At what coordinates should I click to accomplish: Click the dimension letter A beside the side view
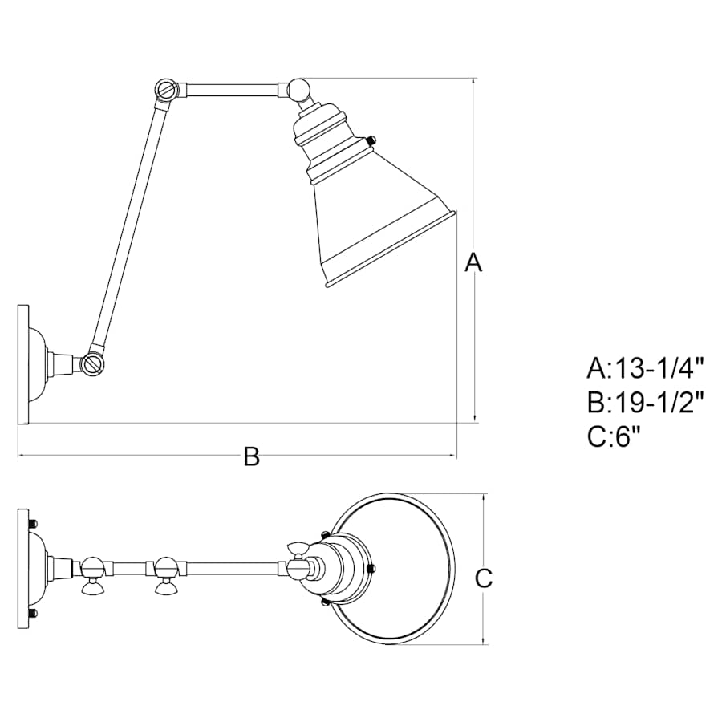(473, 262)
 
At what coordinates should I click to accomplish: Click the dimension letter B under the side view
(252, 456)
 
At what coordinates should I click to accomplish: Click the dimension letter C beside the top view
(483, 578)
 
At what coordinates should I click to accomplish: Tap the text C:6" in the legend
(614, 436)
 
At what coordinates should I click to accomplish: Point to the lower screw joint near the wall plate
(93, 364)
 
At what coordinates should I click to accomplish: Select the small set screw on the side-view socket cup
(370, 140)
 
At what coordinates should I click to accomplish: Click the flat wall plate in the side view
(23, 364)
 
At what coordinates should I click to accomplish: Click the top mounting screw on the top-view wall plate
(33, 524)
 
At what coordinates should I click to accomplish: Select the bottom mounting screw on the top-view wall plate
(33, 614)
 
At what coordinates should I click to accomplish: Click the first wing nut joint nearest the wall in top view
(92, 575)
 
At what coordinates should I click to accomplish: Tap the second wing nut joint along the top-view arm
(167, 575)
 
